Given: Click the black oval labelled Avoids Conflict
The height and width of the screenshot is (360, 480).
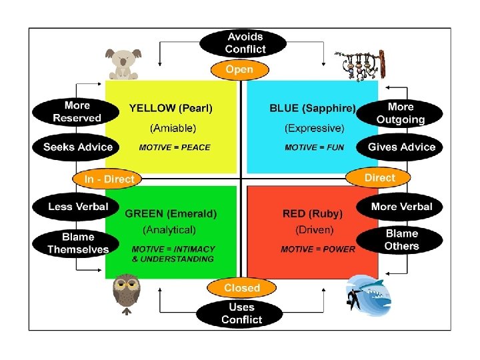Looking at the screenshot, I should [245, 43].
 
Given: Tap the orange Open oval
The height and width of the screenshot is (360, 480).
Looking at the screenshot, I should [240, 69].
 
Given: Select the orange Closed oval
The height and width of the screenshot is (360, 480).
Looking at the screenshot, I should [241, 288].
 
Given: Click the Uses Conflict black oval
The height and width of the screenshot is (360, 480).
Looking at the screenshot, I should [241, 313].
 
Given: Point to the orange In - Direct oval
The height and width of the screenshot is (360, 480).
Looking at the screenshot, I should [109, 179].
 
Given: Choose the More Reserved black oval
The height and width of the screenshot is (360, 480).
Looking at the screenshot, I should [77, 112].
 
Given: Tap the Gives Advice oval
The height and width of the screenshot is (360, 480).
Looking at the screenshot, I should [401, 147].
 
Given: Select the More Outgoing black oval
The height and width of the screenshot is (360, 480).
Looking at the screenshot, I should [400, 113].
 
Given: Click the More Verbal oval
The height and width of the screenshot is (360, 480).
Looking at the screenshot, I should [401, 207].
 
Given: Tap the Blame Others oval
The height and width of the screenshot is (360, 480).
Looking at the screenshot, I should [401, 240].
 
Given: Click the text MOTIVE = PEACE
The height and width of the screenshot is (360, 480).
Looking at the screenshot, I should [175, 147].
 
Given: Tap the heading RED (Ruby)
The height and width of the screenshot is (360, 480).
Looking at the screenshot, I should [313, 214].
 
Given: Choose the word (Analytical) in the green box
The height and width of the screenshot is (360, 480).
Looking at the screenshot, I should [169, 230].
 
